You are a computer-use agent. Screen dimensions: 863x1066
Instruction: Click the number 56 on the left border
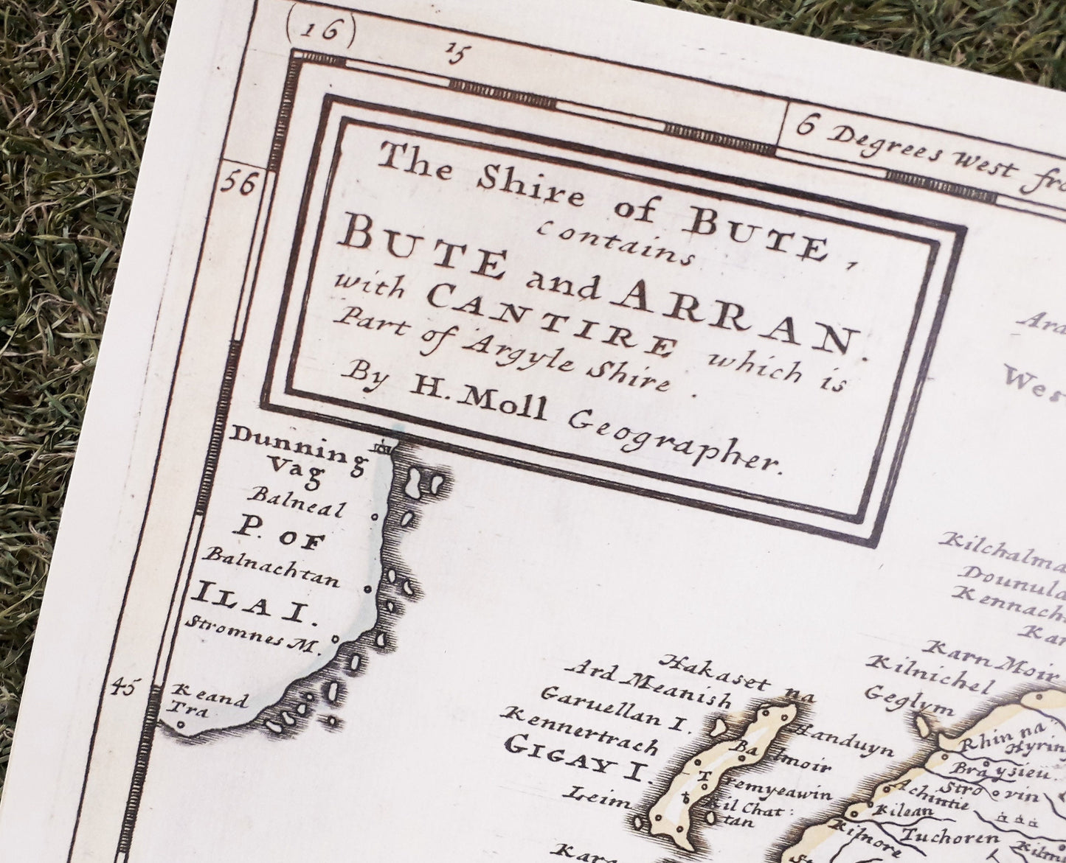tap(240, 182)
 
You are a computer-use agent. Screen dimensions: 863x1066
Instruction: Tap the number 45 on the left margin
tap(122, 688)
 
